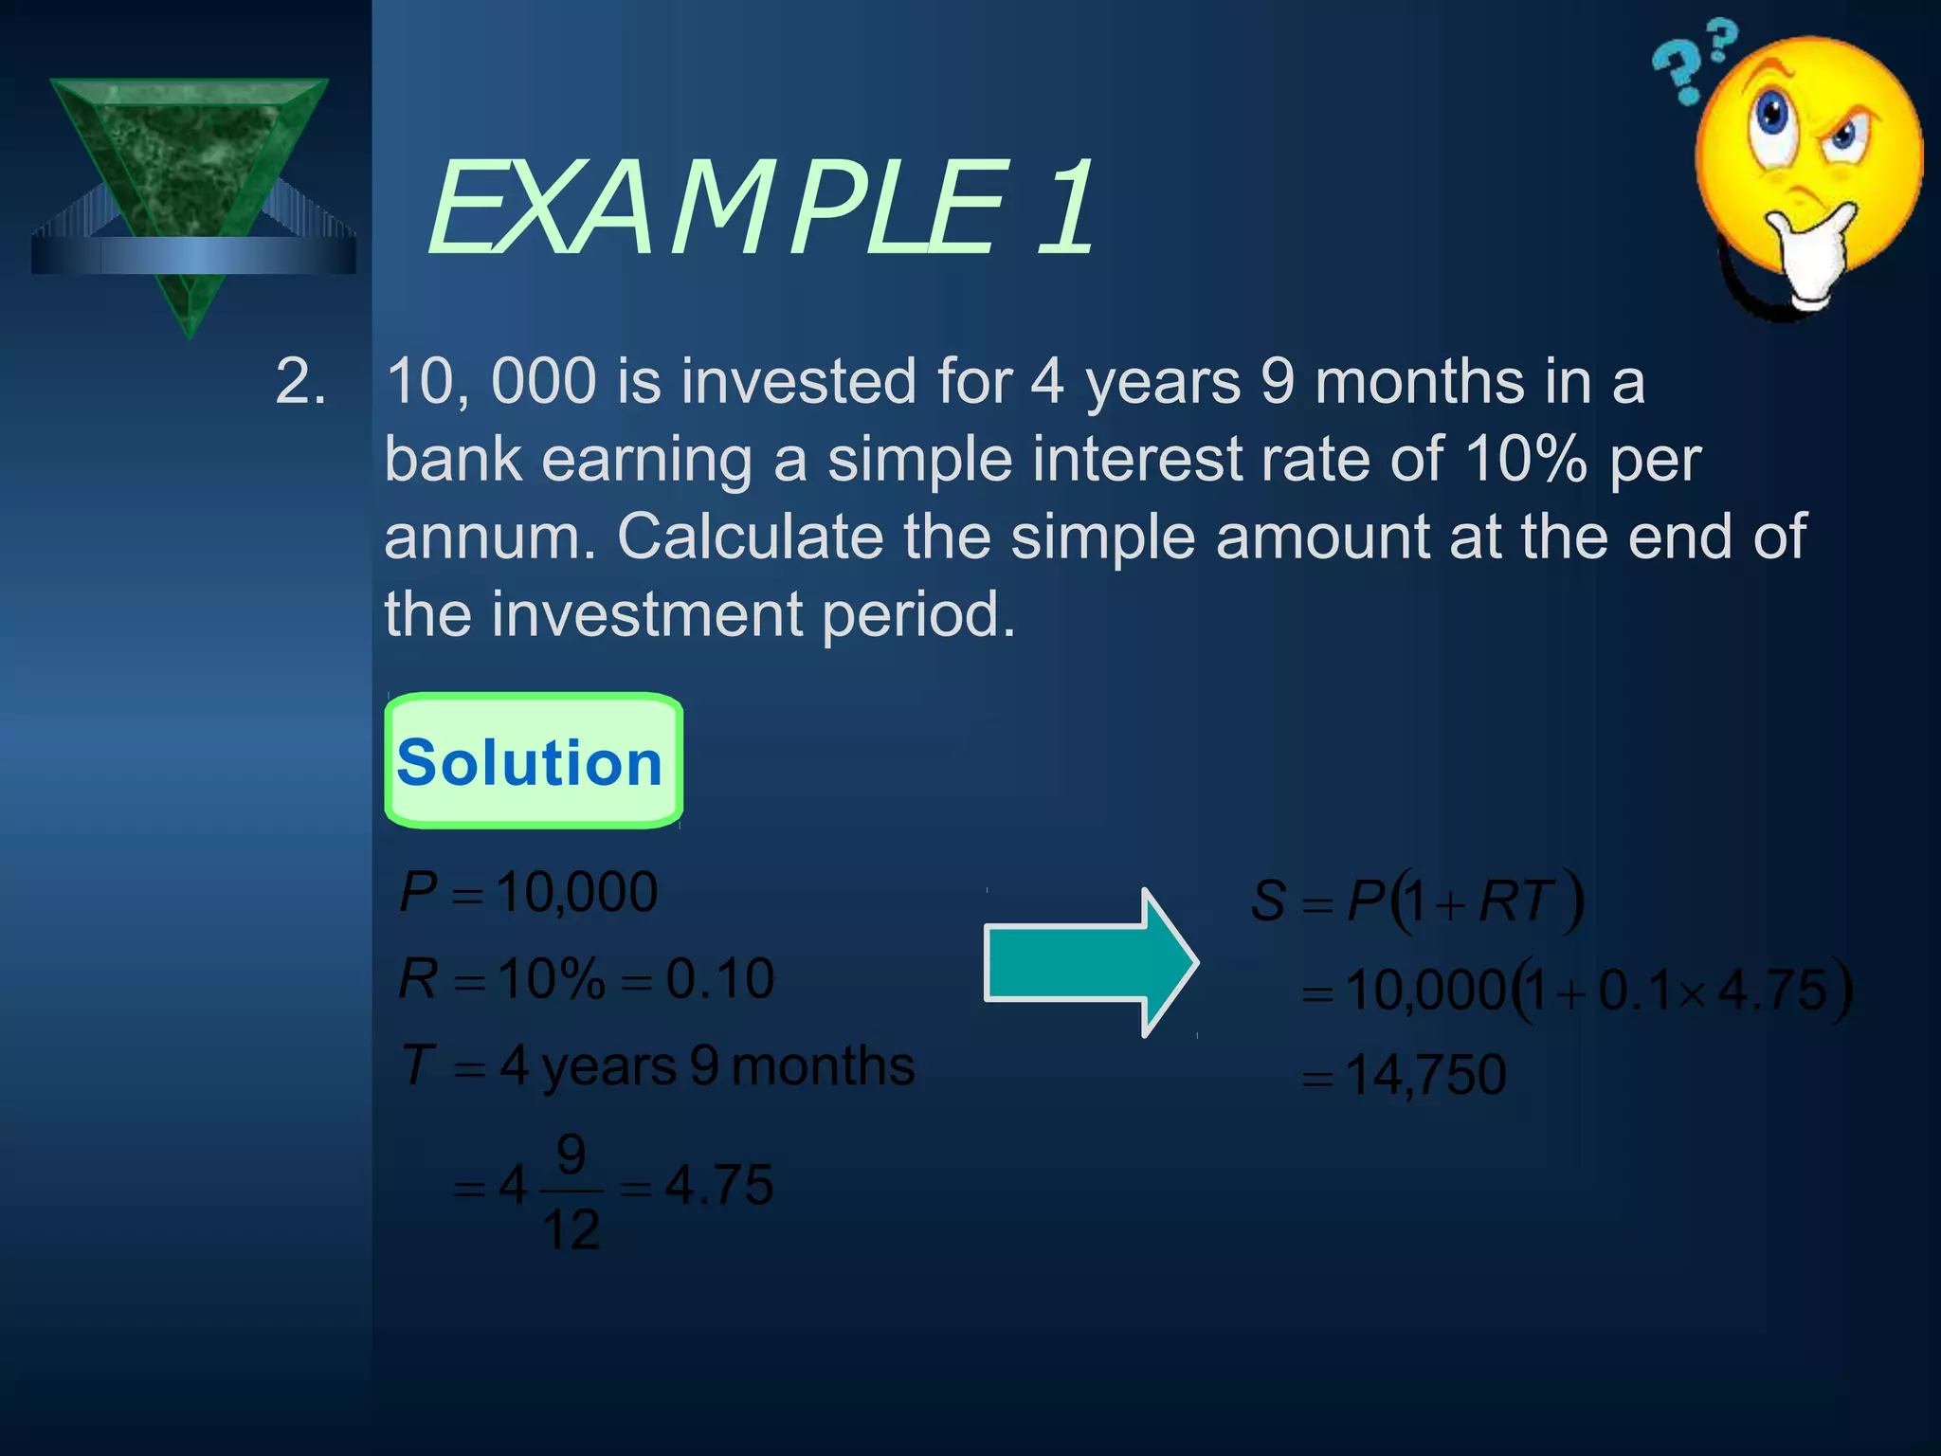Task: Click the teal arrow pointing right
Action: pyautogui.click(x=1090, y=963)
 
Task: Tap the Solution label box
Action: pyautogui.click(x=533, y=762)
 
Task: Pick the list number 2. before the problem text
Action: pyautogui.click(x=301, y=381)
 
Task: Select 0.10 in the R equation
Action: pyautogui.click(x=720, y=978)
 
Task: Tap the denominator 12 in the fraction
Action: pyautogui.click(x=571, y=1230)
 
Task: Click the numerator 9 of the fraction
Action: pyautogui.click(x=571, y=1155)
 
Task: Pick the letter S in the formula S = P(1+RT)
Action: pyautogui.click(x=1268, y=901)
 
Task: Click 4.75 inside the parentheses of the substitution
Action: pyautogui.click(x=1771, y=991)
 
